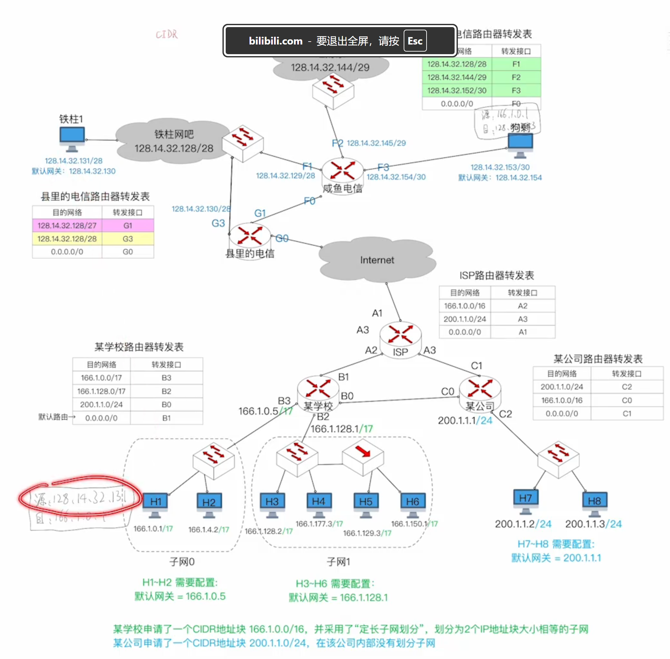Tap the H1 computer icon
[x=155, y=503]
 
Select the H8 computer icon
[x=594, y=502]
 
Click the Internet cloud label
[x=377, y=260]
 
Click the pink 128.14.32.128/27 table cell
[x=67, y=225]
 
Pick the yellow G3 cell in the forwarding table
[x=128, y=239]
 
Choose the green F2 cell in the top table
[x=516, y=77]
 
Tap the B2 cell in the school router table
[x=166, y=391]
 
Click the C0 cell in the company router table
[x=627, y=400]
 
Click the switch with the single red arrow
[x=363, y=456]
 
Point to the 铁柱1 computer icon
[x=72, y=138]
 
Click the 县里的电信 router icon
[x=250, y=236]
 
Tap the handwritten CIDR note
[x=166, y=34]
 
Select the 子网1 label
[x=338, y=561]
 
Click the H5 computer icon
[x=366, y=503]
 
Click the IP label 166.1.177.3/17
[x=319, y=524]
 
